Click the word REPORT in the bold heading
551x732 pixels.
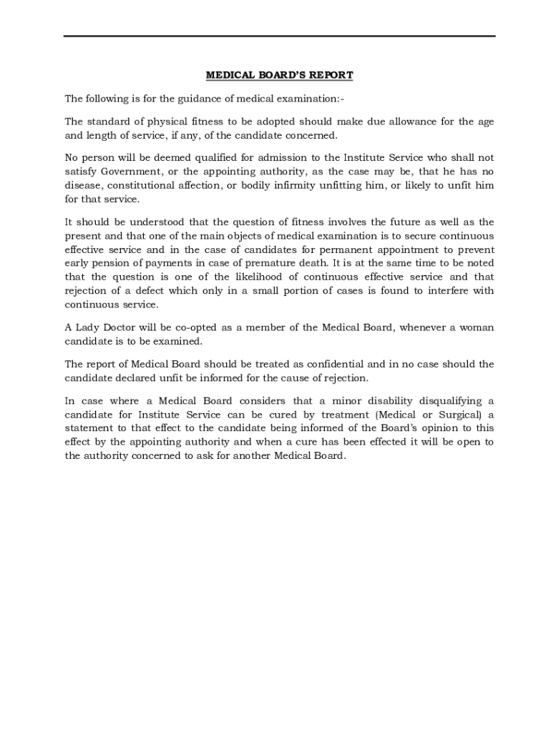[x=332, y=75]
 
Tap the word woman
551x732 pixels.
[x=476, y=327]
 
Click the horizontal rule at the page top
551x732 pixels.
[x=279, y=36]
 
